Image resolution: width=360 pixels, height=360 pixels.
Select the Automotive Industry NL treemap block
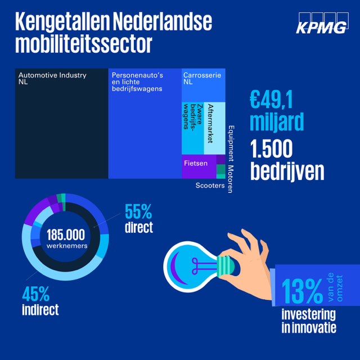pyautogui.click(x=61, y=124)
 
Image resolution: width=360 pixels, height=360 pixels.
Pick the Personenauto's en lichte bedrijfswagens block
pyautogui.click(x=145, y=124)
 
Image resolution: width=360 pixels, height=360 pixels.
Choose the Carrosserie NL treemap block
pyautogui.click(x=203, y=84)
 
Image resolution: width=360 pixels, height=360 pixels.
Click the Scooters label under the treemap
pyautogui.click(x=210, y=185)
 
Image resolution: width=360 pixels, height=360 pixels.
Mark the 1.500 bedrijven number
pyautogui.click(x=272, y=148)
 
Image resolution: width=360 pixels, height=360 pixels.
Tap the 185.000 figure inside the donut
pyautogui.click(x=65, y=235)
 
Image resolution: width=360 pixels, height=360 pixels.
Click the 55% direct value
pyautogui.click(x=139, y=212)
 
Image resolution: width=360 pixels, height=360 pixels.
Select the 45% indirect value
pyautogui.click(x=36, y=293)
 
